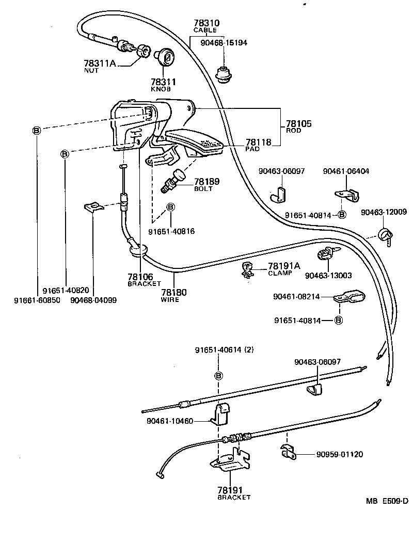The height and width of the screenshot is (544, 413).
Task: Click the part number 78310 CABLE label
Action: click(206, 26)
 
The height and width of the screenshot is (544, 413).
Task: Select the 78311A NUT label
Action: click(100, 66)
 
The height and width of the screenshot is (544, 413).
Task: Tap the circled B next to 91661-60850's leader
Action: click(36, 131)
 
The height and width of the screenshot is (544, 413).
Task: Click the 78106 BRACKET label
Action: click(141, 280)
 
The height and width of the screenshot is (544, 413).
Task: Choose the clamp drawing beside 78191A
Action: click(247, 269)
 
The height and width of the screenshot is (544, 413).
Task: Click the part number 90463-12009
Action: click(384, 212)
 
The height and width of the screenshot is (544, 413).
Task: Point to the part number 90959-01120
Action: click(339, 454)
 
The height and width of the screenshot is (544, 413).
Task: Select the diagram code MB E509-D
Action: click(387, 501)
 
